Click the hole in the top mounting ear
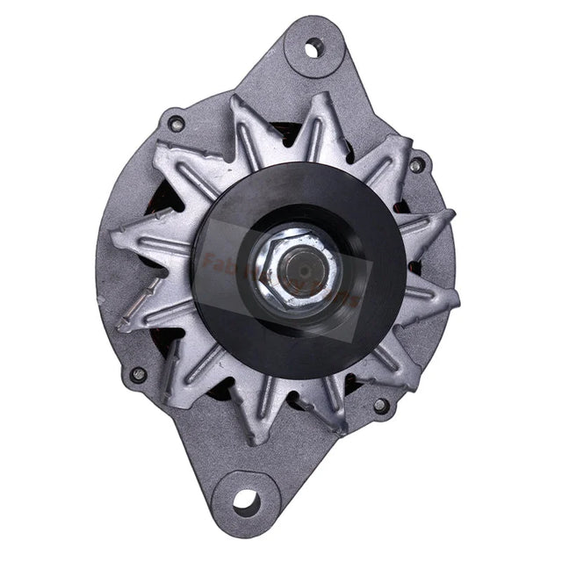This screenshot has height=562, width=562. coord(313,48)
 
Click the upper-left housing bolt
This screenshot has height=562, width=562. coord(177,123)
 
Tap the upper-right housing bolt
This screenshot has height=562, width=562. coord(416,164)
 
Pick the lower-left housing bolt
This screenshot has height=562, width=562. coord(138,373)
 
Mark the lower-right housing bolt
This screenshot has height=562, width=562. coord(380,405)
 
